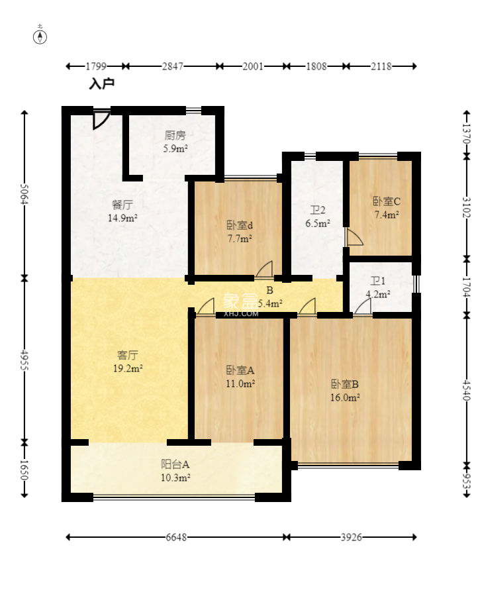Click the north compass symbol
(40, 36)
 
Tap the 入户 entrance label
(101, 83)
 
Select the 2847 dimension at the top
(173, 66)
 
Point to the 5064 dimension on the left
(24, 194)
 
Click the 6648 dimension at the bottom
(176, 537)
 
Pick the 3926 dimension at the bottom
(352, 537)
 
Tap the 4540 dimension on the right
(467, 390)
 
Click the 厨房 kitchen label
(175, 135)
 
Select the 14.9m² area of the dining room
(122, 218)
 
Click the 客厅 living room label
(128, 355)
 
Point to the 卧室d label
(240, 225)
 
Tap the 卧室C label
(387, 201)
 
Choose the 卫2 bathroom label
(318, 210)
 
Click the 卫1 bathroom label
(377, 281)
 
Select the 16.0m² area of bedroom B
(345, 397)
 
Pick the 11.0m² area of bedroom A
(240, 383)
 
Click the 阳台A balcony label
(175, 464)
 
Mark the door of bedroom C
(354, 237)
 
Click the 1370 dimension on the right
(467, 133)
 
